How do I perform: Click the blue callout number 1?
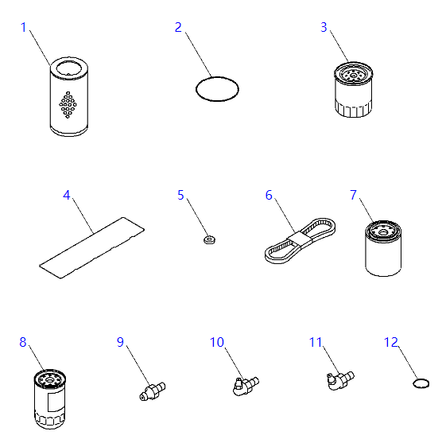(23, 27)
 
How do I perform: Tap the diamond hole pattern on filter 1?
(68, 105)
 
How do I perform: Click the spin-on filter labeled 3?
(353, 89)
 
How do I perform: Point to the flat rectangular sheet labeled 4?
(91, 247)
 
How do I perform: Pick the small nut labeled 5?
(209, 239)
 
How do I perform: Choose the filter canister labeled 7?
(383, 248)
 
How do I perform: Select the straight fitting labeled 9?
(153, 391)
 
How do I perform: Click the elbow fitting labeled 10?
(246, 386)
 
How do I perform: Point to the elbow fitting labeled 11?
(340, 380)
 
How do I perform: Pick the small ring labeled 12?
(421, 383)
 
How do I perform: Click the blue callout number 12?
(390, 342)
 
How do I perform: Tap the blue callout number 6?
(269, 196)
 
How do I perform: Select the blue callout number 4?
(67, 196)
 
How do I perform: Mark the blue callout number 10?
(216, 342)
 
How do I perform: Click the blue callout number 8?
(23, 342)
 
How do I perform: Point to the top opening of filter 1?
(69, 68)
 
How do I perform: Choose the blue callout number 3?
(324, 27)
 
